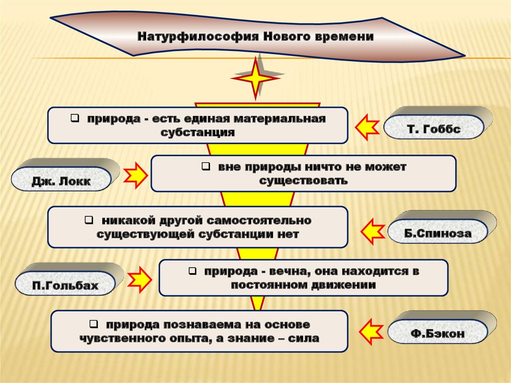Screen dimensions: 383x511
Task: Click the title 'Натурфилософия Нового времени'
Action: [x=255, y=37]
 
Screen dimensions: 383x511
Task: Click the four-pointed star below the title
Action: [x=256, y=77]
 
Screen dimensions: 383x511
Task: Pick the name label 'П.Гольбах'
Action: [x=65, y=287]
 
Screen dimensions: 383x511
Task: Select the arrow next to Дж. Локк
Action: [x=135, y=175]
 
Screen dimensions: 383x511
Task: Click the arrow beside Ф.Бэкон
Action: [x=371, y=329]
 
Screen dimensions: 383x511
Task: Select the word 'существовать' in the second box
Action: [x=303, y=181]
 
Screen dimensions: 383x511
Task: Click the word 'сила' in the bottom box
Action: [x=306, y=338]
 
